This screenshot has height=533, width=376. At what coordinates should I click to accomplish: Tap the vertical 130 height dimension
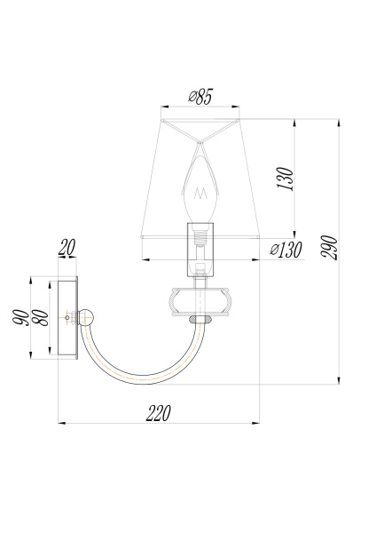pos(284,179)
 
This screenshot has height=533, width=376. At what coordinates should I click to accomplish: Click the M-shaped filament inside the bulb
pos(202,192)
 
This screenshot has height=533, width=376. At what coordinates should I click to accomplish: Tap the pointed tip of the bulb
pos(202,147)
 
